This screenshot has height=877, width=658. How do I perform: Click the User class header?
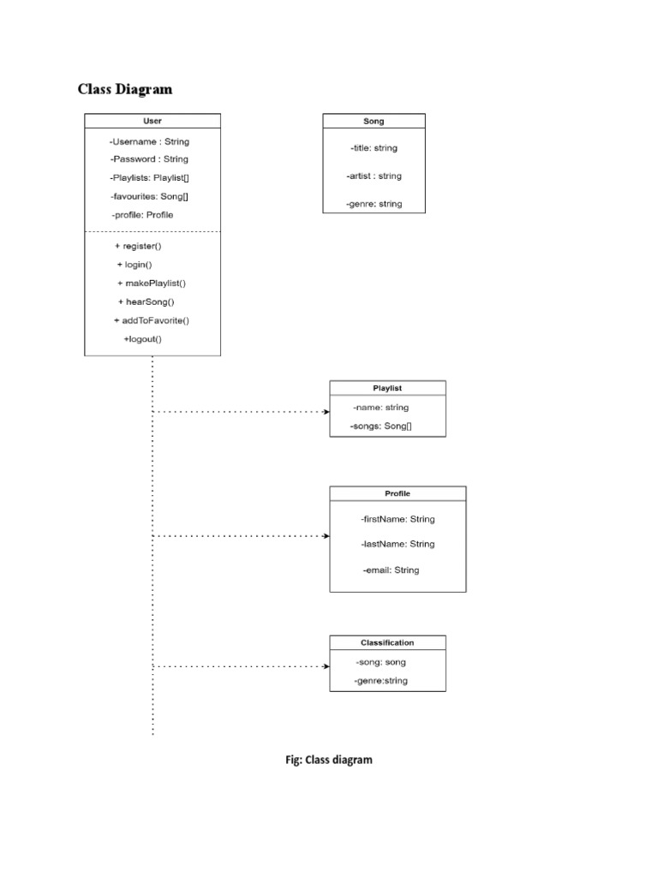[152, 122]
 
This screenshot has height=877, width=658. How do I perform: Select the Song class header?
[374, 122]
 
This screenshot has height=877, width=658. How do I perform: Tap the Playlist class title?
[387, 388]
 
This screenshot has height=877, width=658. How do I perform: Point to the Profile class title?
[398, 493]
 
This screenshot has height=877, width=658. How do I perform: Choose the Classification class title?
[387, 642]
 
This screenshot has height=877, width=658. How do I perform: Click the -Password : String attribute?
[149, 159]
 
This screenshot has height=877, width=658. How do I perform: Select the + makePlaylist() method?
[152, 283]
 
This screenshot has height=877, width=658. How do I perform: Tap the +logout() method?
[142, 339]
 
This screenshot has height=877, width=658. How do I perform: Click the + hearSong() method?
[146, 302]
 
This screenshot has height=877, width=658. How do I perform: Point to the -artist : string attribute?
[374, 176]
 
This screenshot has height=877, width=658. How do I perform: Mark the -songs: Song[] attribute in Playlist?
[380, 426]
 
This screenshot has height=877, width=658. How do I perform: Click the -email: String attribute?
[392, 570]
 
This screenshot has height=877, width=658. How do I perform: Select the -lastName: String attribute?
[398, 544]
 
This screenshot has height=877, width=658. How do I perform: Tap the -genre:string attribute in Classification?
[381, 681]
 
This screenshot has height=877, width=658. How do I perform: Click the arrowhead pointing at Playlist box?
[326, 412]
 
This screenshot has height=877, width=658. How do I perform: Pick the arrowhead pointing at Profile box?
[326, 536]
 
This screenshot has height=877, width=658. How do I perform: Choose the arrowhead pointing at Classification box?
[326, 666]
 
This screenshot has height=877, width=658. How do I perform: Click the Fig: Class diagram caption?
[329, 760]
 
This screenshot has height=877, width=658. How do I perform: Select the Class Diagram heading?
[125, 89]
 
